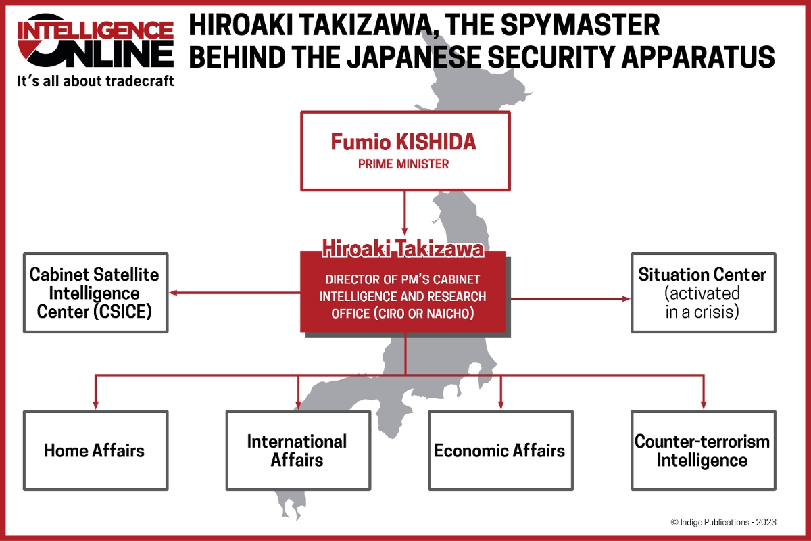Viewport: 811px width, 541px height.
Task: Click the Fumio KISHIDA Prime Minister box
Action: pos(405,151)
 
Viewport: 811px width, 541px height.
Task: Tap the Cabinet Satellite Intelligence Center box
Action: pos(95,293)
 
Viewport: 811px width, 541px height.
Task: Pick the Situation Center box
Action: pos(703,293)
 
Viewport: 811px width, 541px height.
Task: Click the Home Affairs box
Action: pos(95,450)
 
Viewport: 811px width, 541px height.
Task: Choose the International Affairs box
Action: pos(297,450)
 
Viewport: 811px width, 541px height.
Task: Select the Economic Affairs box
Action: pos(500,450)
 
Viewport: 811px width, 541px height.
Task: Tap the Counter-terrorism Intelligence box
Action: pos(703,450)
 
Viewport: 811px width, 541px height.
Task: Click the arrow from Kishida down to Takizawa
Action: pos(405,212)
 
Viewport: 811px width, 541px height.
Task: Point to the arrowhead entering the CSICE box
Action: pos(174,293)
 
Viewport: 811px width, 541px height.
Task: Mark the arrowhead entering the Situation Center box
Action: pos(625,298)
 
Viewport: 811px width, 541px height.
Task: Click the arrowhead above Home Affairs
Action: pos(95,404)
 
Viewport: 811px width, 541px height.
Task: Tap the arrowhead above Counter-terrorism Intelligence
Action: pos(703,404)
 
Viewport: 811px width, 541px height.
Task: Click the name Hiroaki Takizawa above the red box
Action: pos(403,249)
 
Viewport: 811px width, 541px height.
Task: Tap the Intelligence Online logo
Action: pos(95,42)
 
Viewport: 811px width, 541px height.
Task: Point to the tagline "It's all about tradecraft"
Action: pos(95,80)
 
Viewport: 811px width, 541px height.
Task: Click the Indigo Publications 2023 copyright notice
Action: pos(723,522)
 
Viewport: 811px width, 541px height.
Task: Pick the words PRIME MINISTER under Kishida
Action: pos(403,164)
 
